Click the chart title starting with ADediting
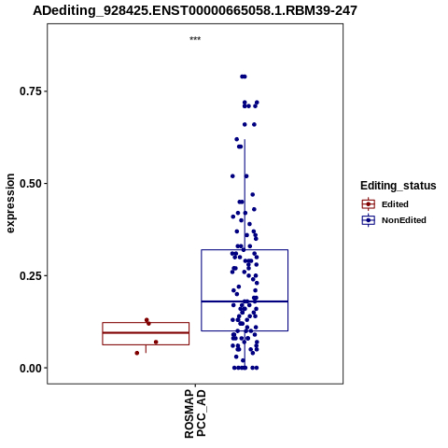(195, 10)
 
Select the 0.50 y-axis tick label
(31, 184)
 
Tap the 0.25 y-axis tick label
(31, 275)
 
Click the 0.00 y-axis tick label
(31, 368)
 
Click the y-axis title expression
(10, 203)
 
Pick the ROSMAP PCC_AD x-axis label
(195, 413)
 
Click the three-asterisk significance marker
(195, 38)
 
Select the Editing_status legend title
(399, 186)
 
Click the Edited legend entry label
(395, 204)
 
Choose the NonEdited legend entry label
(404, 220)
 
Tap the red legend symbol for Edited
(369, 204)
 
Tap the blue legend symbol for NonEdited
(369, 220)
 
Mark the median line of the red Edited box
(146, 332)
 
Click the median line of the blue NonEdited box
(245, 301)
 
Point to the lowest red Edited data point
(137, 353)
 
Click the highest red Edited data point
(147, 320)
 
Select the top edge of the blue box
(245, 249)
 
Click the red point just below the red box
(137, 353)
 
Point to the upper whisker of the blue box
(245, 194)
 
